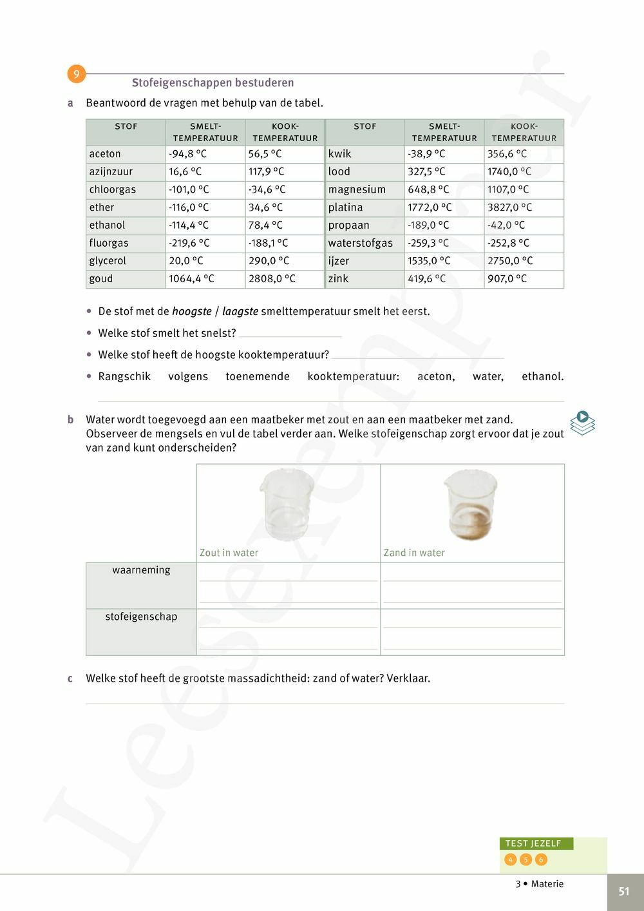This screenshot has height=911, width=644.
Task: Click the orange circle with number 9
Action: (76, 74)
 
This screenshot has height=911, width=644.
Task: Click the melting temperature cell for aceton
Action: (204, 154)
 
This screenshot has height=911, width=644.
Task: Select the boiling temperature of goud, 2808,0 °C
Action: (284, 279)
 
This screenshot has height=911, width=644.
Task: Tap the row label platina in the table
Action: (346, 207)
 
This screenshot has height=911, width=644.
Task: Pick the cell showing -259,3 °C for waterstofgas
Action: (444, 243)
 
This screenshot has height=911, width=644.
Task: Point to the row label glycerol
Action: (108, 261)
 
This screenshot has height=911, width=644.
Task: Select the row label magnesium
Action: (357, 189)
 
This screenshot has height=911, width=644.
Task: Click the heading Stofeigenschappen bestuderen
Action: (213, 82)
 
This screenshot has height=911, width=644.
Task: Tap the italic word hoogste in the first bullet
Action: (192, 311)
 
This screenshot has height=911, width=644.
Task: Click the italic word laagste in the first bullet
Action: (240, 311)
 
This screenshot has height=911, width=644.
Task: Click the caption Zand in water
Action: (414, 553)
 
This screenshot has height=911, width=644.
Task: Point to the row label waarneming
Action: (141, 570)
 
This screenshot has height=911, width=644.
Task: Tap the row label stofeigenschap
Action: (141, 617)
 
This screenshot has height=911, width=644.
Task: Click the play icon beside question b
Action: (582, 423)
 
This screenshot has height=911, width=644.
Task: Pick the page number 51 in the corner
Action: (623, 892)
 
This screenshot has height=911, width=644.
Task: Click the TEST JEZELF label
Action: (533, 843)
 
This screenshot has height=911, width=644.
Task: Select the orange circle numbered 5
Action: (526, 859)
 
